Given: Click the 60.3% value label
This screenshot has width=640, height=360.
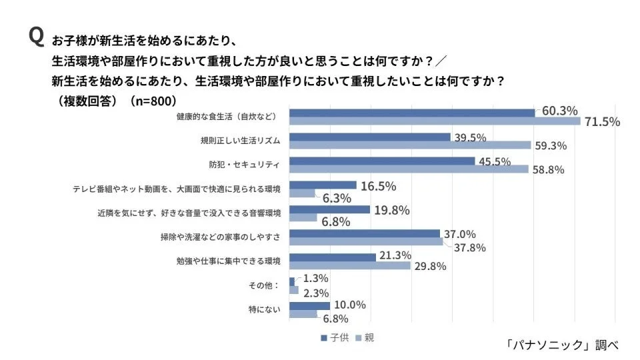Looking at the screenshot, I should [559, 111].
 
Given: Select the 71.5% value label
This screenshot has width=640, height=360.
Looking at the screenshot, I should [602, 121].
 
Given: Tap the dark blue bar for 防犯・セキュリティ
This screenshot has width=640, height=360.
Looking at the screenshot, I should [382, 161].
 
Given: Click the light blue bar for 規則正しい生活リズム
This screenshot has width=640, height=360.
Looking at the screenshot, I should [410, 145].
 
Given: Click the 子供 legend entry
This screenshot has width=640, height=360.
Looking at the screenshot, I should [337, 337].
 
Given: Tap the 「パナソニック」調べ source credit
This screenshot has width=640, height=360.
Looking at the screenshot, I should [561, 345].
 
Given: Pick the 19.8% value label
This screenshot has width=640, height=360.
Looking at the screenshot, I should [391, 210].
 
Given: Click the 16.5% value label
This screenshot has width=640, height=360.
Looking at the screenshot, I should [378, 186].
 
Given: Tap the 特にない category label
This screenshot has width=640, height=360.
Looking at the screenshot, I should [264, 309].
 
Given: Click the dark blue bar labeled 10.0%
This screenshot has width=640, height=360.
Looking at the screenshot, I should [310, 305].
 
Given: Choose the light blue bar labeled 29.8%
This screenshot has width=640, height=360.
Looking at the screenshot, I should [350, 265].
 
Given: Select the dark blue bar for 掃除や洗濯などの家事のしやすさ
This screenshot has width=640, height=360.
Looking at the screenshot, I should [365, 233].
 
